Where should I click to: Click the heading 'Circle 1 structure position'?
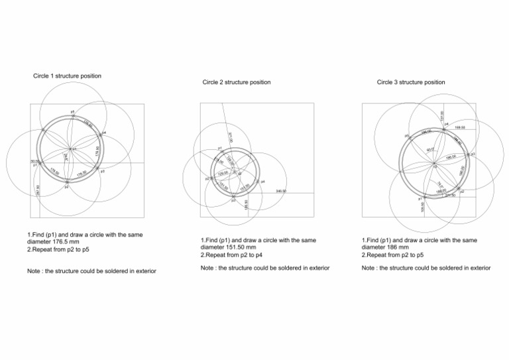(67, 76)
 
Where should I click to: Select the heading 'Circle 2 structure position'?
(236, 82)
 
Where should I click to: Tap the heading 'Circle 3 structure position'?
(411, 82)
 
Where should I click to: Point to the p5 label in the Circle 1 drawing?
(72, 111)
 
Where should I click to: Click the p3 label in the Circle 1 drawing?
(103, 172)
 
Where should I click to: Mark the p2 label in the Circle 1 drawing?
(67, 188)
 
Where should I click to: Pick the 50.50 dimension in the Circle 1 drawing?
(34, 161)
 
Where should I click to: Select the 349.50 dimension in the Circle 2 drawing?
(280, 190)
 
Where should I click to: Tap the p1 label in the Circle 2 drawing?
(219, 149)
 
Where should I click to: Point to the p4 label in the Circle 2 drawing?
(263, 181)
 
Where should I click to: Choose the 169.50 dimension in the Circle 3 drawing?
(459, 127)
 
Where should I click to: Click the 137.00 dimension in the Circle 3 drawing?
(442, 115)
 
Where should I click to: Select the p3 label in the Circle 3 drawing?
(473, 154)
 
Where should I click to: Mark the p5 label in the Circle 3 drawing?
(407, 136)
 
